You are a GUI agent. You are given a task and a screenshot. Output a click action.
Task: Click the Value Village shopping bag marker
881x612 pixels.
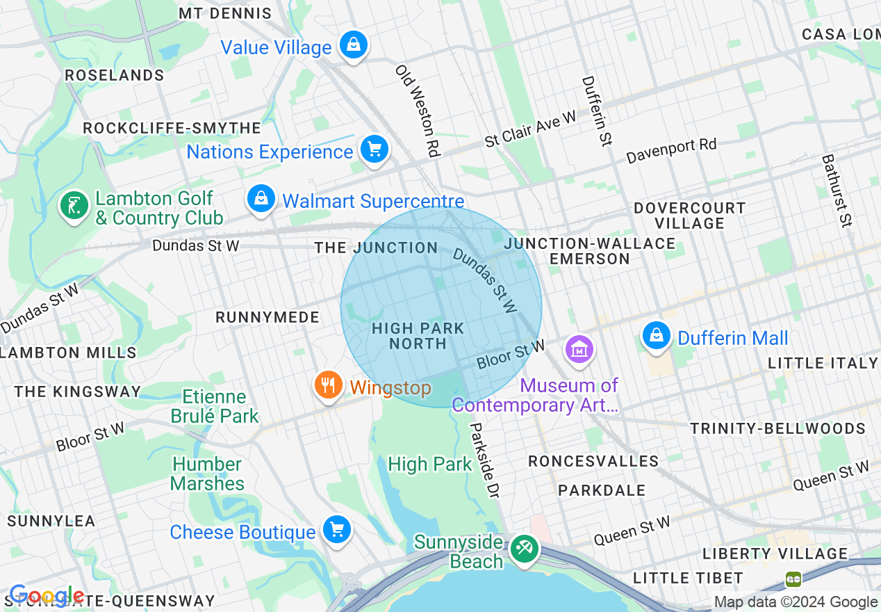tap(354, 46)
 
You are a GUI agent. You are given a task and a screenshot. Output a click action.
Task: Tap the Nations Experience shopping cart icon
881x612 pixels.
tap(374, 150)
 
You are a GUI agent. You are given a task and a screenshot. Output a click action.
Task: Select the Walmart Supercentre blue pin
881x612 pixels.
tap(261, 200)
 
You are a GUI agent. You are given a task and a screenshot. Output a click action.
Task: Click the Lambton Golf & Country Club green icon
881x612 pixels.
tap(74, 206)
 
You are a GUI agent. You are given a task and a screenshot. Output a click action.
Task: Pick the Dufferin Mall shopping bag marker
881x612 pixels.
tap(656, 337)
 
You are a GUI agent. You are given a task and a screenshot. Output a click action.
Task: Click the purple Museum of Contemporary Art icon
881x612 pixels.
tap(579, 350)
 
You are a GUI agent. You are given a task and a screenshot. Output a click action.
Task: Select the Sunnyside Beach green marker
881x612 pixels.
tap(523, 549)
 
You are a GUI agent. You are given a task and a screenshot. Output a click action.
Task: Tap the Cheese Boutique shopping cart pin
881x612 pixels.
tap(337, 531)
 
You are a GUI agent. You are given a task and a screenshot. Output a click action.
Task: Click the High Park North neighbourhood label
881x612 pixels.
tap(418, 336)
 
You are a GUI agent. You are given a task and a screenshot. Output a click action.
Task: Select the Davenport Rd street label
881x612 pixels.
tap(671, 150)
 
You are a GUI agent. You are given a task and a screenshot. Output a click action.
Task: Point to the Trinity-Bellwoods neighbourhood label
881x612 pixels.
tap(777, 428)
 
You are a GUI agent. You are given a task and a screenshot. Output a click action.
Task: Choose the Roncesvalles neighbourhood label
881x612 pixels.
tap(593, 462)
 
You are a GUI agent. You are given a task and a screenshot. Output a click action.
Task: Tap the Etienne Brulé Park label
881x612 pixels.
tap(215, 407)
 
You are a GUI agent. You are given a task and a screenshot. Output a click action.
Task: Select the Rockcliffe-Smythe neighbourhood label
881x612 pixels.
tap(172, 129)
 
